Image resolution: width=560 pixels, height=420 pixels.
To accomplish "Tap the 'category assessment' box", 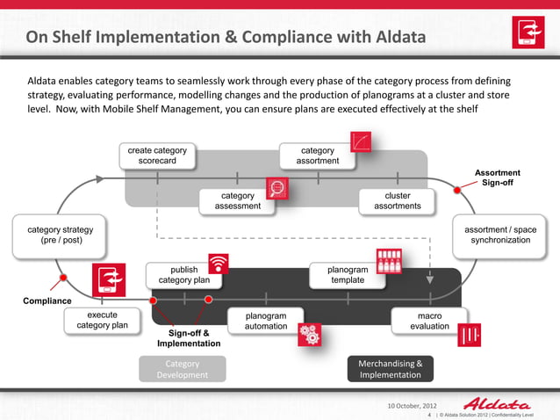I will [x=237, y=200].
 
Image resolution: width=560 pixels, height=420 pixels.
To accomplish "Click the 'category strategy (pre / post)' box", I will [x=54, y=234].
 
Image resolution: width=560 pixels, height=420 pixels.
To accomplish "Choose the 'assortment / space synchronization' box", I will [x=500, y=234].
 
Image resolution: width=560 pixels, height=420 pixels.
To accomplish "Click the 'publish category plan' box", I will [x=183, y=275].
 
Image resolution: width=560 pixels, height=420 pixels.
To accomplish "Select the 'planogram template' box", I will [x=347, y=275].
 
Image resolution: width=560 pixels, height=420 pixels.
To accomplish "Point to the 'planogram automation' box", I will [x=265, y=320].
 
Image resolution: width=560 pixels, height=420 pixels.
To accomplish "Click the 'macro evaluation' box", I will [x=429, y=320].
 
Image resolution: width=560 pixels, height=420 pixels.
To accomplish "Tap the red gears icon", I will [x=309, y=334].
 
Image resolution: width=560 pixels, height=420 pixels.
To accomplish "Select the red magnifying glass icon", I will [x=278, y=188].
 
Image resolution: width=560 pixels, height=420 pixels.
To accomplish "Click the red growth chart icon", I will [x=361, y=142].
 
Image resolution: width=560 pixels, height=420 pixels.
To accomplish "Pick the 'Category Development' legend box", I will [x=182, y=369].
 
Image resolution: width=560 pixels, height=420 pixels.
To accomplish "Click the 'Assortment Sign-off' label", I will [x=497, y=177].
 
